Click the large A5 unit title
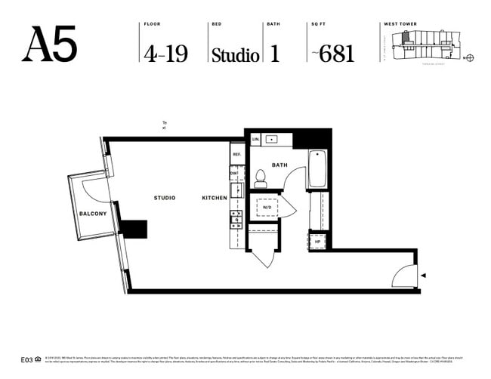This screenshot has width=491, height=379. click(x=50, y=45)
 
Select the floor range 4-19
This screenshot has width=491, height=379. click(x=165, y=54)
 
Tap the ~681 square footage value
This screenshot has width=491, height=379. click(x=333, y=54)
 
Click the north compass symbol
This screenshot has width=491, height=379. click(x=469, y=57)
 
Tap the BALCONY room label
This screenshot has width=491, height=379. click(x=93, y=214)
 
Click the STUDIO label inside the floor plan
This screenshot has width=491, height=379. click(x=165, y=198)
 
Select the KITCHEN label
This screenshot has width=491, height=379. click(x=214, y=198)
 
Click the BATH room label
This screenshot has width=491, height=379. click(x=279, y=164)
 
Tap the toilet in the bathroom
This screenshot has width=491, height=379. click(x=261, y=178)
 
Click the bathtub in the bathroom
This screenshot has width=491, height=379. click(x=317, y=170)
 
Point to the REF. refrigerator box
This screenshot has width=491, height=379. click(x=236, y=154)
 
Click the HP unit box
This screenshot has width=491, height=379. click(x=318, y=242)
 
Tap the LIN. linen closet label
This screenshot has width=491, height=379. click(x=256, y=140)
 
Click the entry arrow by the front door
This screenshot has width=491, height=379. click(x=424, y=276)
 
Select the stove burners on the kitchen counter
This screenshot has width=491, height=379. click(x=236, y=220)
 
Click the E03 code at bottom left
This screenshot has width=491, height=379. click(x=26, y=360)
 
